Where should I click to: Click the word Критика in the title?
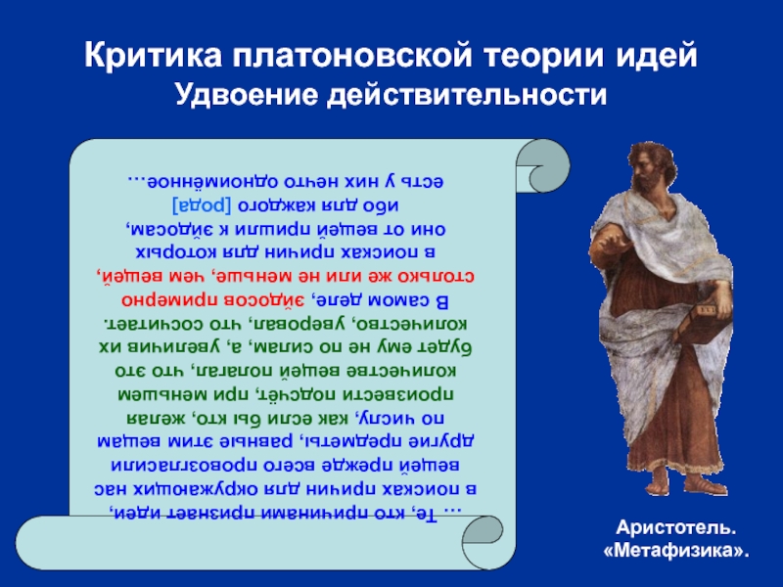click(154, 56)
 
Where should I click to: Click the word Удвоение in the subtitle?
click(247, 95)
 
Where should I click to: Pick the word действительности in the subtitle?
click(467, 95)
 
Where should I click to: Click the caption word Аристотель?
click(675, 527)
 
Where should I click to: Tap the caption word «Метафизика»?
click(676, 551)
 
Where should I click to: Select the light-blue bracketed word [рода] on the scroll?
click(202, 205)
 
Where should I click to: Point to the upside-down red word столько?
click(437, 276)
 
